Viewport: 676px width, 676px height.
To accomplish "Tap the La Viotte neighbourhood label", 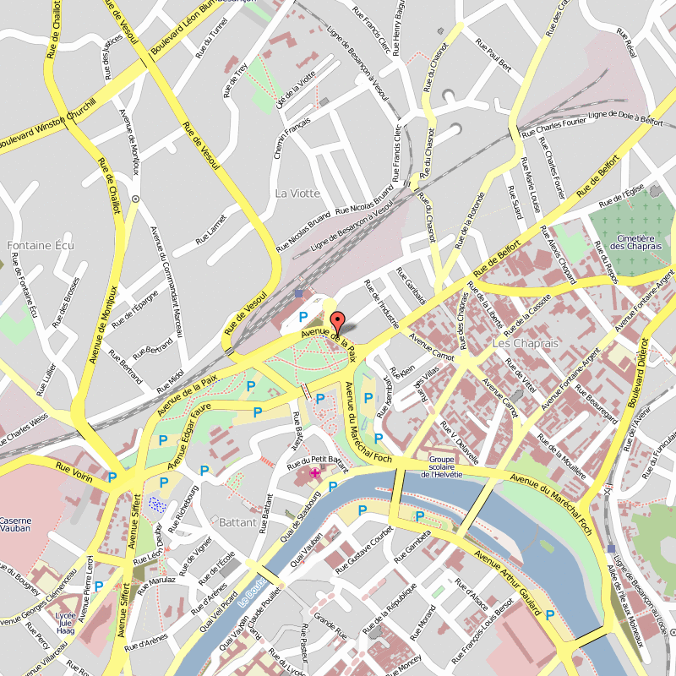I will point(297,194).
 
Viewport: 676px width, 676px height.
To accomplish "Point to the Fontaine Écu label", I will point(41,246).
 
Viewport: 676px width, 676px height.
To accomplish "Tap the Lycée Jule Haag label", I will point(65,624).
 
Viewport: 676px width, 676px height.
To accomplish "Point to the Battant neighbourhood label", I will point(237,522).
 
